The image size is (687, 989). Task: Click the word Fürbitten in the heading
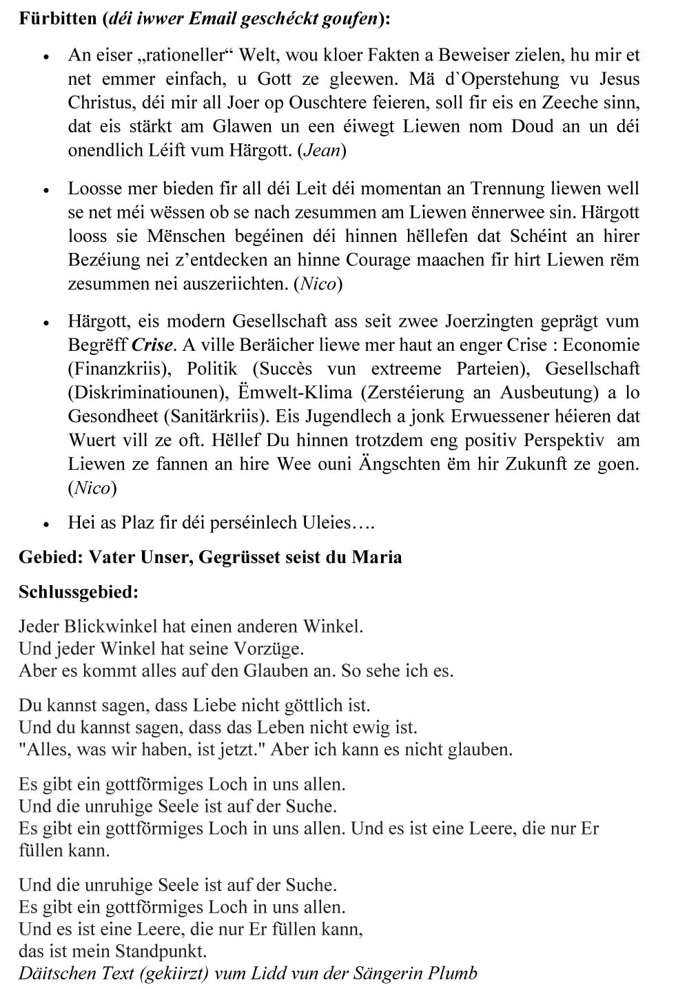(58, 19)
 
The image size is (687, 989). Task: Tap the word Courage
(380, 260)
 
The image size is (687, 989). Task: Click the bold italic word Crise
(152, 345)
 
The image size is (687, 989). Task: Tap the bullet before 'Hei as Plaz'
(46, 524)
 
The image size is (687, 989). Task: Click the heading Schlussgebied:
(79, 591)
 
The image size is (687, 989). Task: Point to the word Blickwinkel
(110, 626)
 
